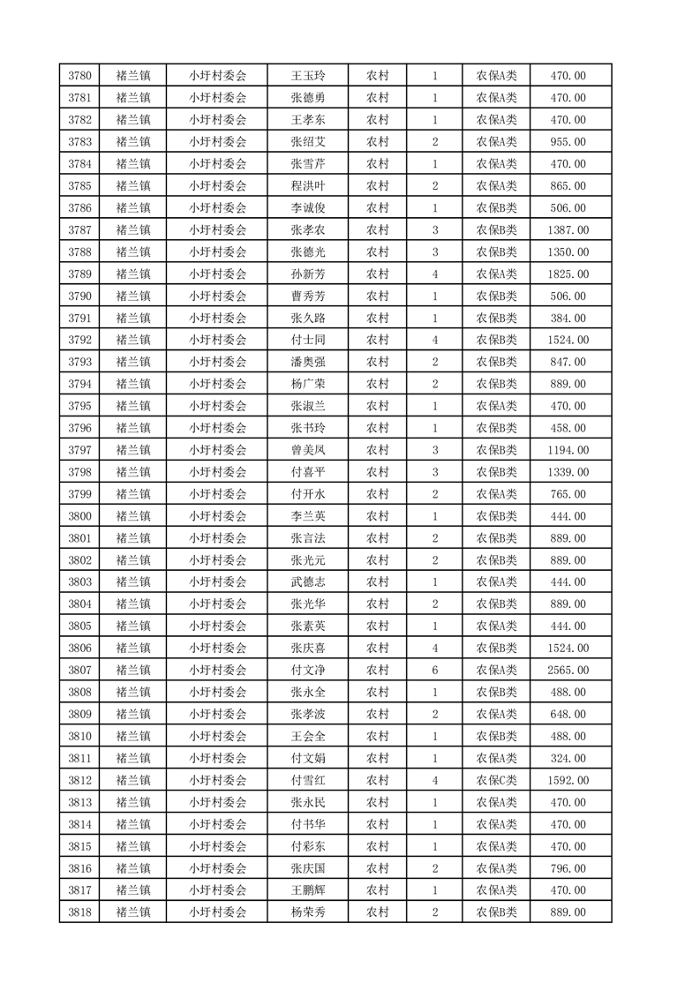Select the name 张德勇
[x=308, y=98]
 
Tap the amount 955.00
[x=567, y=142]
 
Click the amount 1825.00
[x=567, y=274]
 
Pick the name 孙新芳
[x=308, y=274]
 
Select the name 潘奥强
[x=308, y=362]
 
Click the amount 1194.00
[x=567, y=450]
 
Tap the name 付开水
[x=308, y=494]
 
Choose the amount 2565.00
[x=567, y=670]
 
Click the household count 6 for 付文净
[x=435, y=670]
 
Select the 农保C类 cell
[x=496, y=780]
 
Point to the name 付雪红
[x=308, y=780]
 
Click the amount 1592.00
[x=567, y=780]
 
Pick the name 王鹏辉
[x=308, y=890]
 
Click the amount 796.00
[x=567, y=868]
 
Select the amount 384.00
[x=567, y=318]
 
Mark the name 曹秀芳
[x=308, y=296]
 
